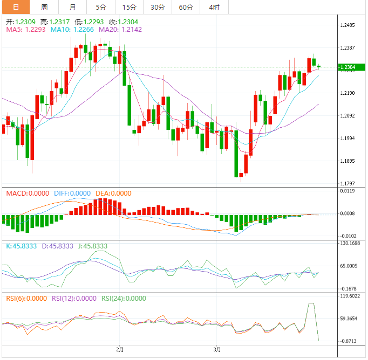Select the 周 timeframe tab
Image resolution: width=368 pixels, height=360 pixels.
pos(44,7)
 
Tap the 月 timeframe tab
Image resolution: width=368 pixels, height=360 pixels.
pos(73,7)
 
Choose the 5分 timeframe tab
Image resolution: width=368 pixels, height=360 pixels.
pos(101,7)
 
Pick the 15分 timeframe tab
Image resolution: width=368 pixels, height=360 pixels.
pos(130,7)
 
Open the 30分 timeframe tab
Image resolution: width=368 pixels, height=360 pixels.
pos(158,7)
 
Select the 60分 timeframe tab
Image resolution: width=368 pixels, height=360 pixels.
pos(186,7)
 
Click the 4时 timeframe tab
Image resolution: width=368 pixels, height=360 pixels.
pos(214,7)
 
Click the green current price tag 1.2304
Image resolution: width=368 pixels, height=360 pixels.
pos(347,67)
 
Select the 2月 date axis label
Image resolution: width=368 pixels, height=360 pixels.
pos(120,350)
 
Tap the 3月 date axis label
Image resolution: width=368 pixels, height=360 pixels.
pos(216,350)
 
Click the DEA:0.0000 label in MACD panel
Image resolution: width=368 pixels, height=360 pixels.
pos(113,193)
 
